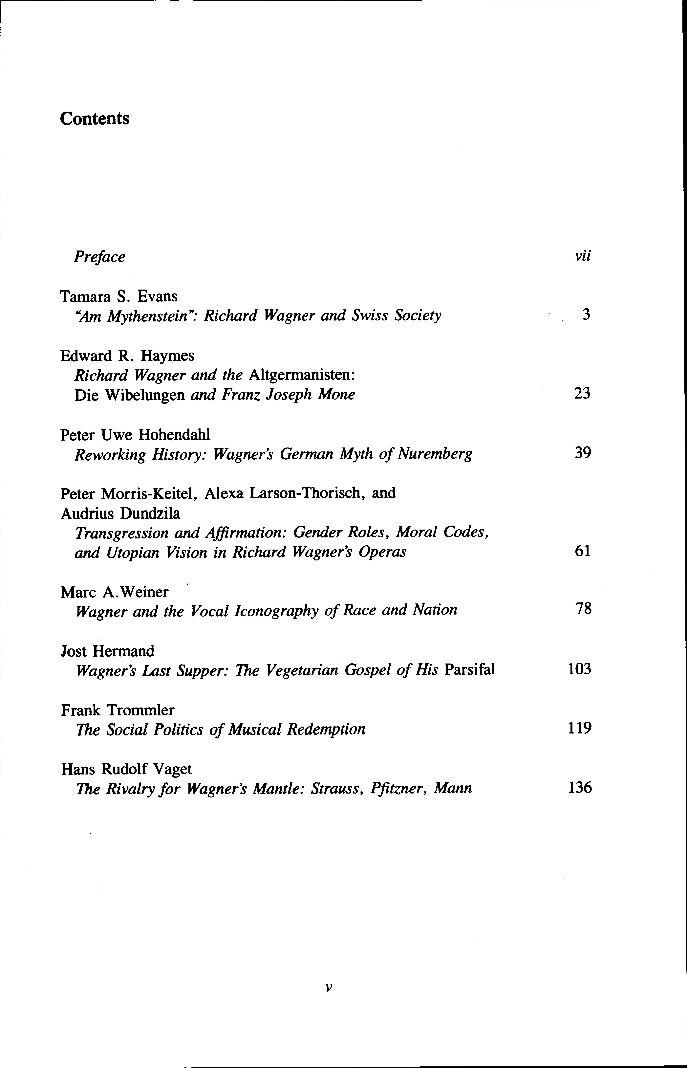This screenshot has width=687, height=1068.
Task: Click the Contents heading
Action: click(95, 119)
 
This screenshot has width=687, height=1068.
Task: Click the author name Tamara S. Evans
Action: click(119, 296)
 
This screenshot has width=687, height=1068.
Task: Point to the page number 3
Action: click(586, 315)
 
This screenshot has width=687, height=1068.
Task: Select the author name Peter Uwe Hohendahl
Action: click(135, 435)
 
